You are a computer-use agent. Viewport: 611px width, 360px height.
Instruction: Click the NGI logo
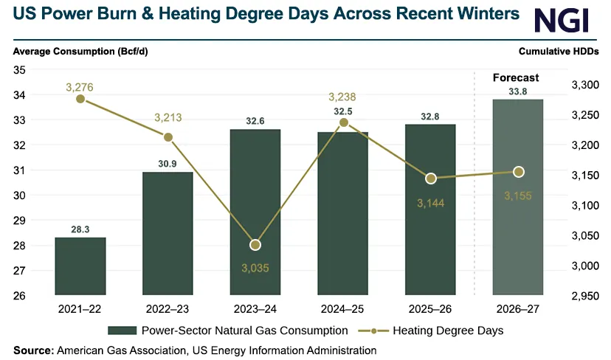pyautogui.click(x=561, y=21)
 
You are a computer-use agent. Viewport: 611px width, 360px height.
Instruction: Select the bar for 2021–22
pyautogui.click(x=80, y=266)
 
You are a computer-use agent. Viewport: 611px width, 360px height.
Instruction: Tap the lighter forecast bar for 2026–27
pyautogui.click(x=518, y=197)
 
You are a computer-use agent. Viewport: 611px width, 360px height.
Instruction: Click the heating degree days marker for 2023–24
pyautogui.click(x=255, y=245)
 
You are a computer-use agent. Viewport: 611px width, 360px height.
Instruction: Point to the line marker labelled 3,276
pyautogui.click(x=80, y=99)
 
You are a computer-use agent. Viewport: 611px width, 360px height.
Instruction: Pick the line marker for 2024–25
pyautogui.click(x=343, y=122)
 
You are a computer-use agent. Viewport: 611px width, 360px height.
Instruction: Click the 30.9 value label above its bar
pyautogui.click(x=168, y=164)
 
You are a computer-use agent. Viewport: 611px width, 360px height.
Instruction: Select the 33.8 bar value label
pyautogui.click(x=518, y=91)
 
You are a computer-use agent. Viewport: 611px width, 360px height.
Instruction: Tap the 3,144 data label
pyautogui.click(x=431, y=203)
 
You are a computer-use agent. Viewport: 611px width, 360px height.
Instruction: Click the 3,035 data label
pyautogui.click(x=255, y=268)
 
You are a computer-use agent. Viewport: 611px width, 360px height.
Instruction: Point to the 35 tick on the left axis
pyautogui.click(x=19, y=70)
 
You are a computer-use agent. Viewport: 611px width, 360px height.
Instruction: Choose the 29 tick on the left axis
pyautogui.click(x=19, y=221)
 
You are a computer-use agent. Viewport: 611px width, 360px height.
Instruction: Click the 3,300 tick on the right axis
pyautogui.click(x=585, y=85)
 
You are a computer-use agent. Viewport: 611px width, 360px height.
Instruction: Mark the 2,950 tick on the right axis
pyautogui.click(x=585, y=296)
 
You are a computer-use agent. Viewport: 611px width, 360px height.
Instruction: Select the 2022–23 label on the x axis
pyautogui.click(x=168, y=309)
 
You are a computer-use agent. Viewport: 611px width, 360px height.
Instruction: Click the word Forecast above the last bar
pyautogui.click(x=516, y=78)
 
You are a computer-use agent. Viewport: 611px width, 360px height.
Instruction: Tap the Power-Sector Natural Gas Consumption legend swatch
pyautogui.click(x=122, y=330)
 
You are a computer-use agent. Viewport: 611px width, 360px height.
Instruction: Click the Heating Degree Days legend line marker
pyautogui.click(x=373, y=331)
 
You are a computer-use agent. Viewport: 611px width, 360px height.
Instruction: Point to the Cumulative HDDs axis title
pyautogui.click(x=559, y=52)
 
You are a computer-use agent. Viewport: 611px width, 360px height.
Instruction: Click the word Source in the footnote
pyautogui.click(x=34, y=350)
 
